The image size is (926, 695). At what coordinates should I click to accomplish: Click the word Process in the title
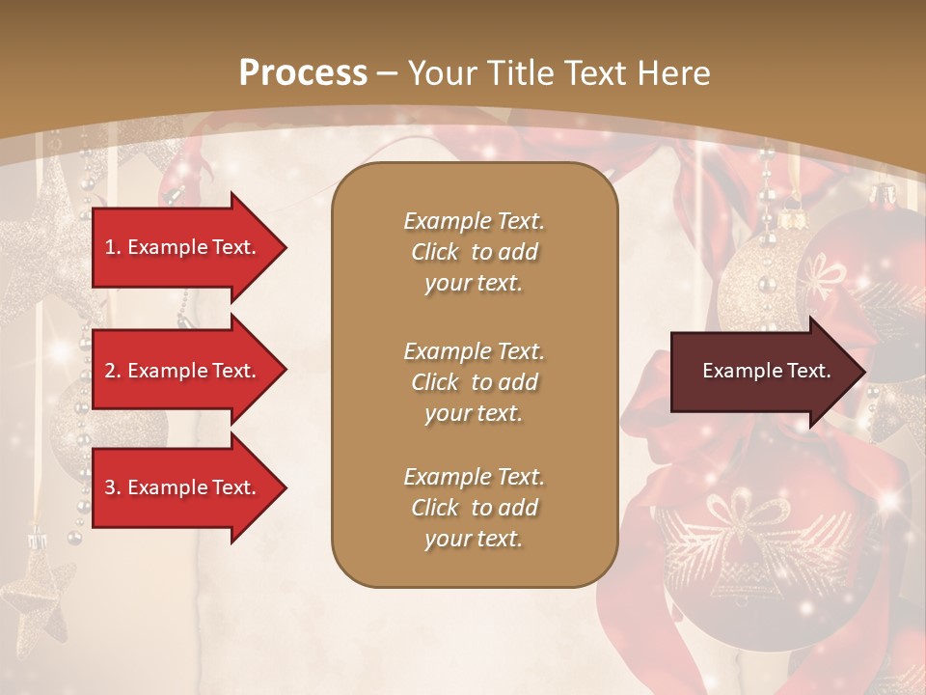click(x=303, y=72)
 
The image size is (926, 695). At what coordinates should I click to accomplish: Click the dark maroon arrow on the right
click(x=762, y=372)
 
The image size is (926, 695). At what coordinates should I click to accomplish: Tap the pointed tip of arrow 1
click(x=285, y=247)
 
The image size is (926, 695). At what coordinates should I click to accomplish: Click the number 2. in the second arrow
click(x=113, y=371)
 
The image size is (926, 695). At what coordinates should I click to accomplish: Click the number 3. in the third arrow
click(x=113, y=487)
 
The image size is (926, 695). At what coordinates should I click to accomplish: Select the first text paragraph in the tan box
click(x=474, y=252)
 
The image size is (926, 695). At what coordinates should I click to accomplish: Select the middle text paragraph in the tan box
click(x=474, y=381)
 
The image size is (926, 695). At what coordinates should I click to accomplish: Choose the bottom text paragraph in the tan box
click(x=474, y=508)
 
